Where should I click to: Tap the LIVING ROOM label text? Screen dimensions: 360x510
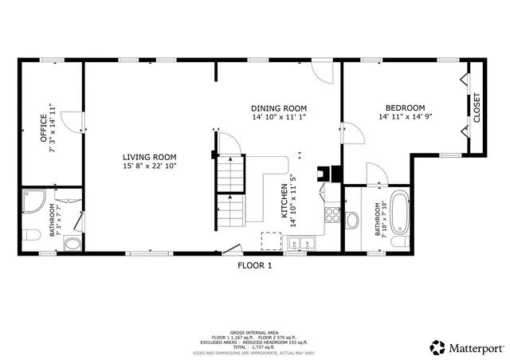[x=149, y=157]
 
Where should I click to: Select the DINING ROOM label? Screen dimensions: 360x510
[x=278, y=108]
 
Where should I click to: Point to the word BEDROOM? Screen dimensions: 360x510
[x=405, y=108]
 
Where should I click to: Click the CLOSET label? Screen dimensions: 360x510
[x=477, y=108]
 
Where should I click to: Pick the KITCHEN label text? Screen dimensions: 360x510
[x=284, y=201]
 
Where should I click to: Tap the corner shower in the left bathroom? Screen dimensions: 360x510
[x=33, y=202]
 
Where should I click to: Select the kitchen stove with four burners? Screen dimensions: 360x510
[x=331, y=214]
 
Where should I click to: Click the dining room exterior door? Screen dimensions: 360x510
[x=324, y=73]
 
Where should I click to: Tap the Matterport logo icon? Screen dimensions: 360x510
[x=438, y=347]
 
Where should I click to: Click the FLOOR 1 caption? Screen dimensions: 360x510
[x=254, y=266]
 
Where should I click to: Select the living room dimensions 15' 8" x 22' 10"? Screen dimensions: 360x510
[x=149, y=166]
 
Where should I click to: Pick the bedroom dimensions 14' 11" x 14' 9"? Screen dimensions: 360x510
[x=405, y=117]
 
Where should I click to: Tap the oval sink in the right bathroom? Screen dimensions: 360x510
[x=353, y=220]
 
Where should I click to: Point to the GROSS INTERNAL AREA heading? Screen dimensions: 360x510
[x=254, y=331]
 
